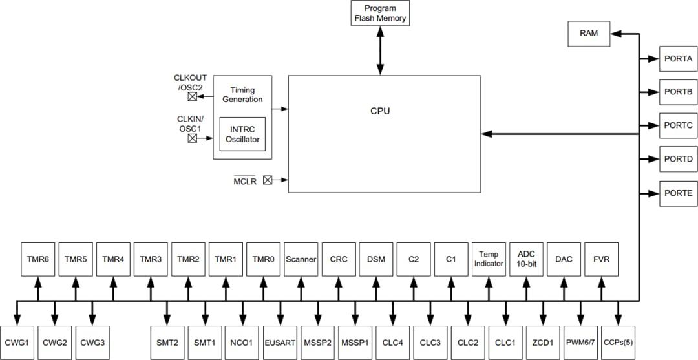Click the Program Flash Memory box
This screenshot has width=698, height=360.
[380, 14]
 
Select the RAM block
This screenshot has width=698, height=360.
[589, 34]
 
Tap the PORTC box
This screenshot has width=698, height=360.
[678, 126]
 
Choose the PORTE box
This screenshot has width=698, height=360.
[678, 193]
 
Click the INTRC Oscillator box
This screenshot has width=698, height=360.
[242, 134]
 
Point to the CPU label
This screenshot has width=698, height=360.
[380, 111]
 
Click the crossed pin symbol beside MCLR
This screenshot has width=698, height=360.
[268, 181]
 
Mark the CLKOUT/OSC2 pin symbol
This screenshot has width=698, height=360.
[193, 97]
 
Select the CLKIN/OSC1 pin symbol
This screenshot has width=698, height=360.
[193, 138]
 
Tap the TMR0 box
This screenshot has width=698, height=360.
[263, 259]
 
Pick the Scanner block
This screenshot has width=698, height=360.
[301, 259]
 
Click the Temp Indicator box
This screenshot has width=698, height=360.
[489, 259]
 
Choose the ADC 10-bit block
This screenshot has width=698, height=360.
[526, 259]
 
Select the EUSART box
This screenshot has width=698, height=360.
[280, 339]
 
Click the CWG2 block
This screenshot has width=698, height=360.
[55, 339]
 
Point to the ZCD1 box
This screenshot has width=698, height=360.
[543, 339]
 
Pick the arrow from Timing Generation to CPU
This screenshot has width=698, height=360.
[280, 109]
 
